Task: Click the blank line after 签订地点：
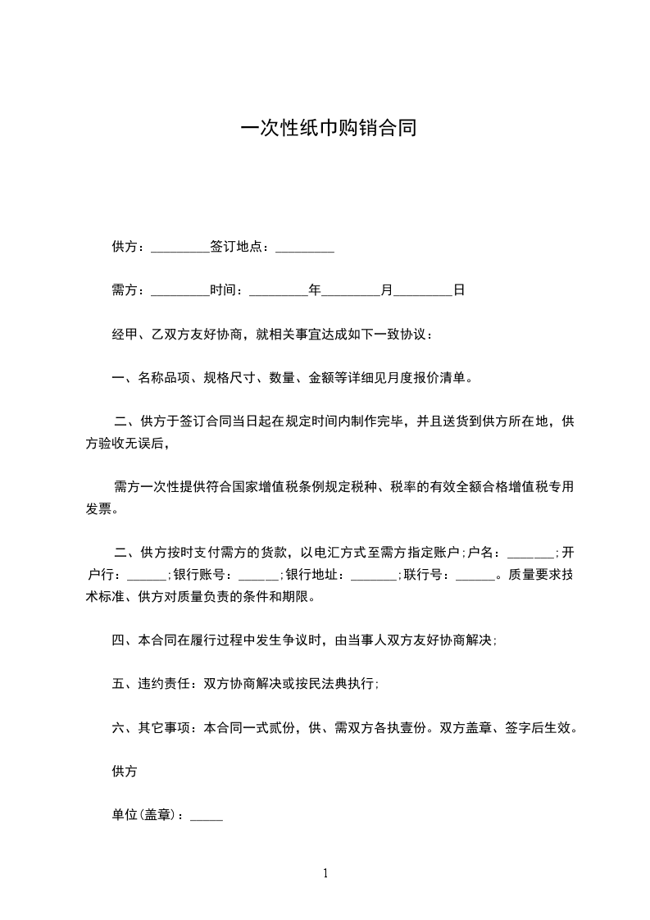[305, 247]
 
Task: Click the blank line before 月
[351, 290]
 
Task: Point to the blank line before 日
[423, 290]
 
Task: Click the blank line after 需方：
[180, 290]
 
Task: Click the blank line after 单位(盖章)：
[207, 816]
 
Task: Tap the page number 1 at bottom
[325, 874]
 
